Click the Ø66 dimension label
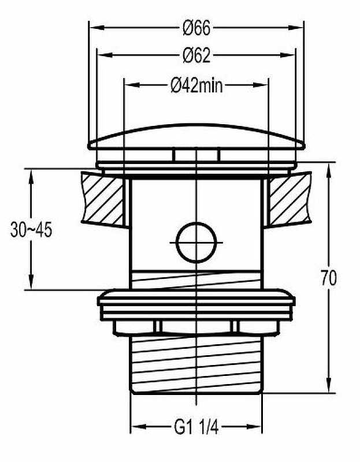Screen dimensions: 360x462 (196, 28)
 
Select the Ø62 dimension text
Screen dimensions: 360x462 (196, 55)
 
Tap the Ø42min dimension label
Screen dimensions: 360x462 (196, 85)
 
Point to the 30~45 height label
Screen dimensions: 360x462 (31, 229)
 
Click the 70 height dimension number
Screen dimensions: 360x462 (329, 278)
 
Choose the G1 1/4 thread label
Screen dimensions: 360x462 (196, 427)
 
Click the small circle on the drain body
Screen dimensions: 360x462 (196, 243)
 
